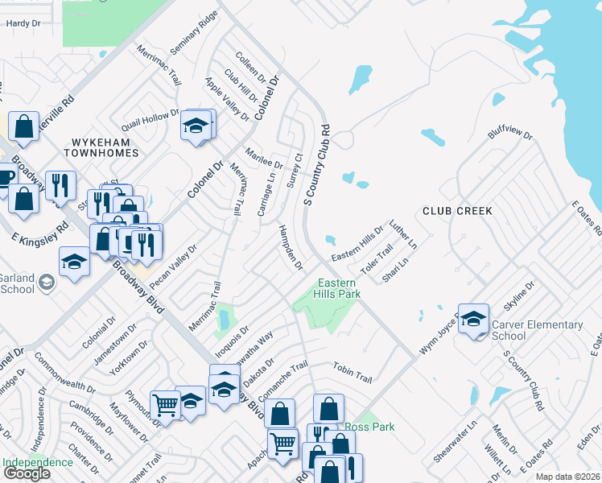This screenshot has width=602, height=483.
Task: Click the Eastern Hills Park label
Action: (338, 289)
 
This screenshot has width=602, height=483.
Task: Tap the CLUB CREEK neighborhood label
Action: (457, 211)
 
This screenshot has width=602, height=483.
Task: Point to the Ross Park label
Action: (369, 427)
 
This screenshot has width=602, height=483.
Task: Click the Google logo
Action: (27, 473)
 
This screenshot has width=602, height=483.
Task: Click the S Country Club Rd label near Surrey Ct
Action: (317, 165)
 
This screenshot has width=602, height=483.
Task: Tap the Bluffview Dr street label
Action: (510, 142)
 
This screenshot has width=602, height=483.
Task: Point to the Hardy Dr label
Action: (23, 24)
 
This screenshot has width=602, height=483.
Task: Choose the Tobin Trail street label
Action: (353, 372)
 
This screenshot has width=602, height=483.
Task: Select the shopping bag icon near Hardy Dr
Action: (24, 126)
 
